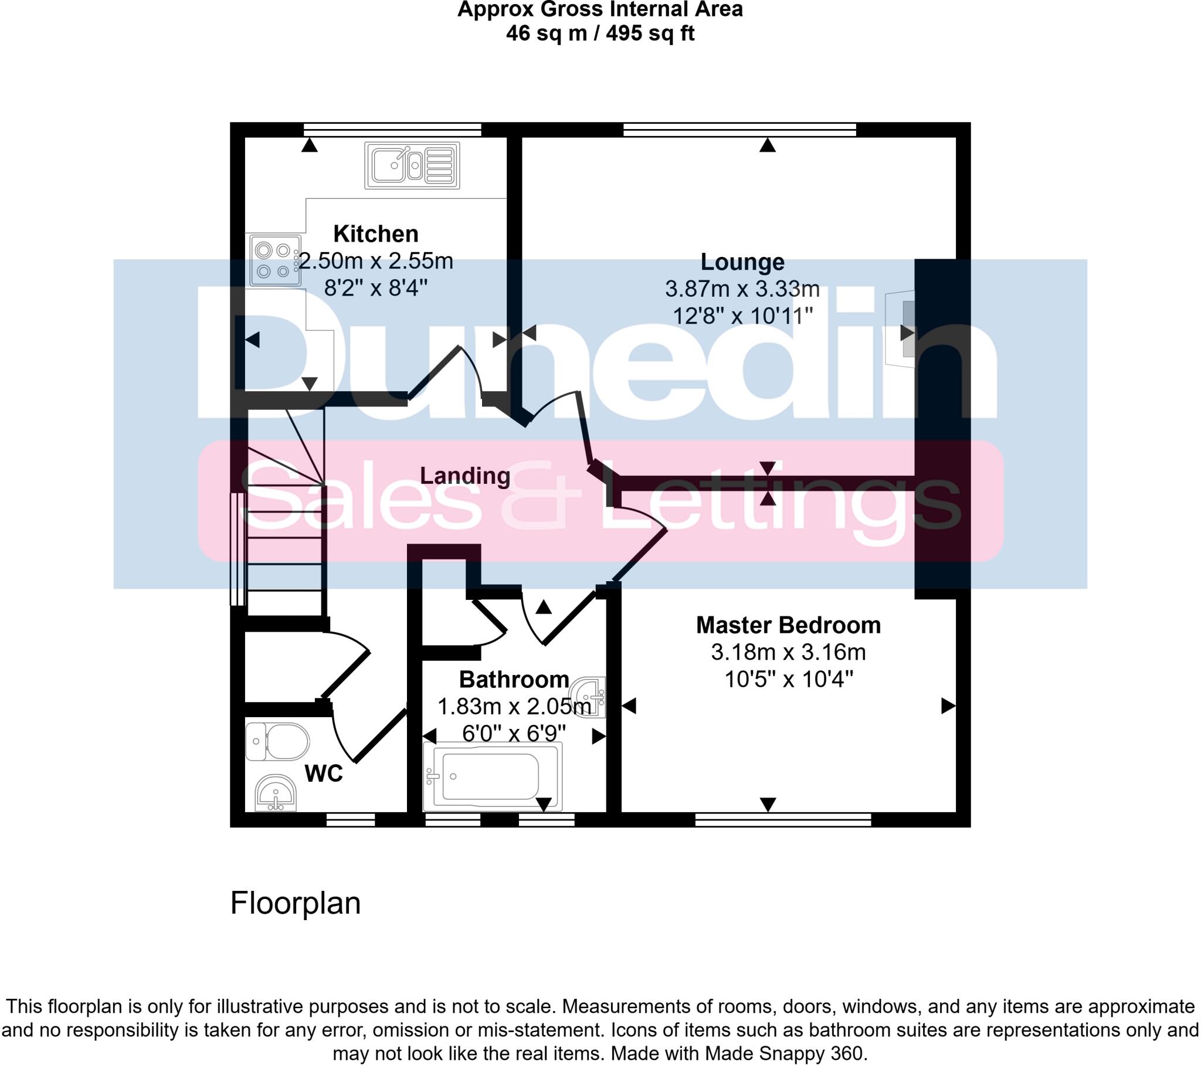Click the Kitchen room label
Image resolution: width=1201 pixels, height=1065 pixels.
375,234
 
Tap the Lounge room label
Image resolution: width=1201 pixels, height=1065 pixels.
742,262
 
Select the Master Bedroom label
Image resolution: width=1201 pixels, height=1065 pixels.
788,625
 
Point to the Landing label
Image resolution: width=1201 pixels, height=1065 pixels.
465,476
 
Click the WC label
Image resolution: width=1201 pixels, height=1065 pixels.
324,774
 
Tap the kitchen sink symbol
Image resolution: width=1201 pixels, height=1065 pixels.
412,165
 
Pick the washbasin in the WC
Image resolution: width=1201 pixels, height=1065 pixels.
276,793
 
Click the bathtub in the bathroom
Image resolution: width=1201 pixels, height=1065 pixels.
493,776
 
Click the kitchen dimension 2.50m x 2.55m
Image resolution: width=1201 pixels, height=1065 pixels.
376,261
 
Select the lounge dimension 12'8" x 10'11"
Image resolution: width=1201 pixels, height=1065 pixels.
742,316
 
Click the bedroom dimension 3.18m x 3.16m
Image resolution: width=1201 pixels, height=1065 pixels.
788,652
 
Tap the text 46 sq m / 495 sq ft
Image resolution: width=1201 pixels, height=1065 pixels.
600,33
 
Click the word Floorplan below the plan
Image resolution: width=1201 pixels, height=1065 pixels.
295,903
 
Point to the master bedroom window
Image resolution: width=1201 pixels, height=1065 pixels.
783,819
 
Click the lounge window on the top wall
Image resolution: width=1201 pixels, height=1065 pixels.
739,129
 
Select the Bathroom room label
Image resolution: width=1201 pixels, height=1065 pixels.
514,680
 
